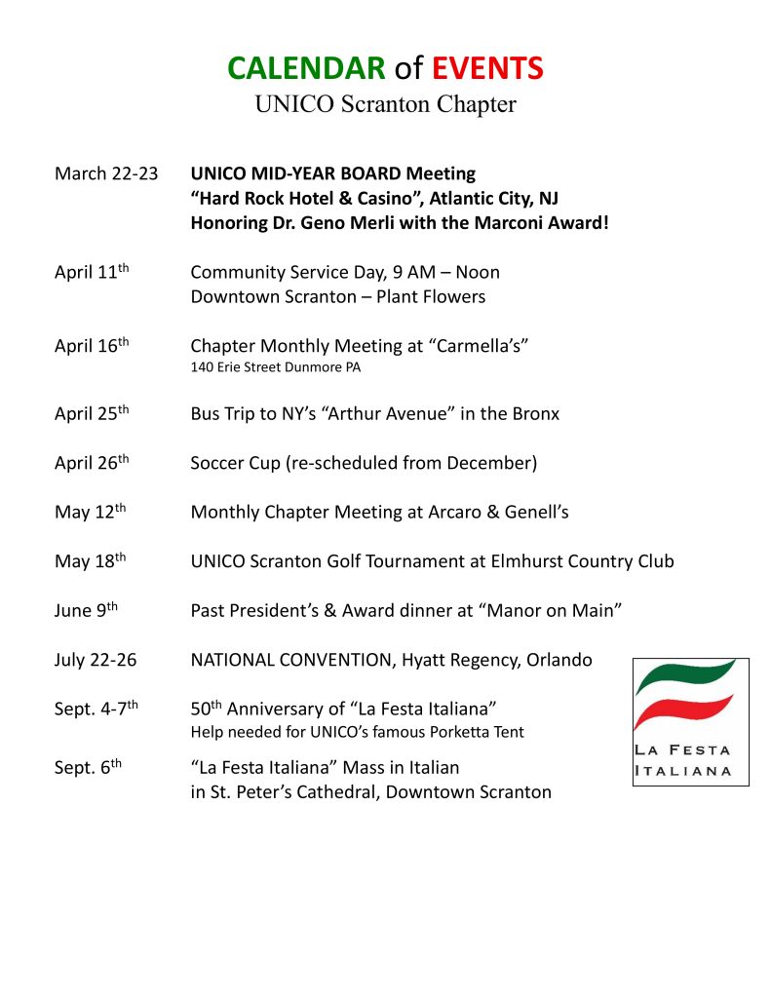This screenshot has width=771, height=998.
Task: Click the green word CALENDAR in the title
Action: tap(306, 68)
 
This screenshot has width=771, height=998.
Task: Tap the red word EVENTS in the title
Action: tap(487, 68)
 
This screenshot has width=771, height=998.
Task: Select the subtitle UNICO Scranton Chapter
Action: tap(385, 103)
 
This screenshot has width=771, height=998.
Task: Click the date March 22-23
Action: tap(106, 174)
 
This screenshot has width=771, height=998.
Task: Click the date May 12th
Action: tap(90, 513)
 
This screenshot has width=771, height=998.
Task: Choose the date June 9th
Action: tap(86, 611)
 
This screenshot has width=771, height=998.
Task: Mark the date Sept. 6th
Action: tap(88, 767)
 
